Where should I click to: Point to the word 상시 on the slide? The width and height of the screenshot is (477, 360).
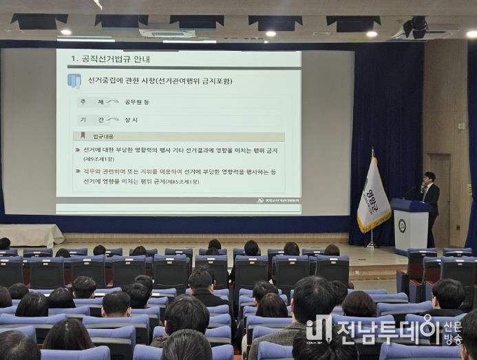(131, 120)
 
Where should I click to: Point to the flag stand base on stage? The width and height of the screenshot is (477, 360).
(372, 245)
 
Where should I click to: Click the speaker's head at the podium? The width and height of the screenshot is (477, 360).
(429, 177)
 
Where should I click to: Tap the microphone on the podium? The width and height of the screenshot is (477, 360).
(418, 187)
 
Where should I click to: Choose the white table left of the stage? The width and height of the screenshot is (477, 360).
(31, 234)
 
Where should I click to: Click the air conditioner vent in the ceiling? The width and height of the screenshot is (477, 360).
(167, 33)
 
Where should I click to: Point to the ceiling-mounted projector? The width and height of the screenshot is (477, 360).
(416, 28)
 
